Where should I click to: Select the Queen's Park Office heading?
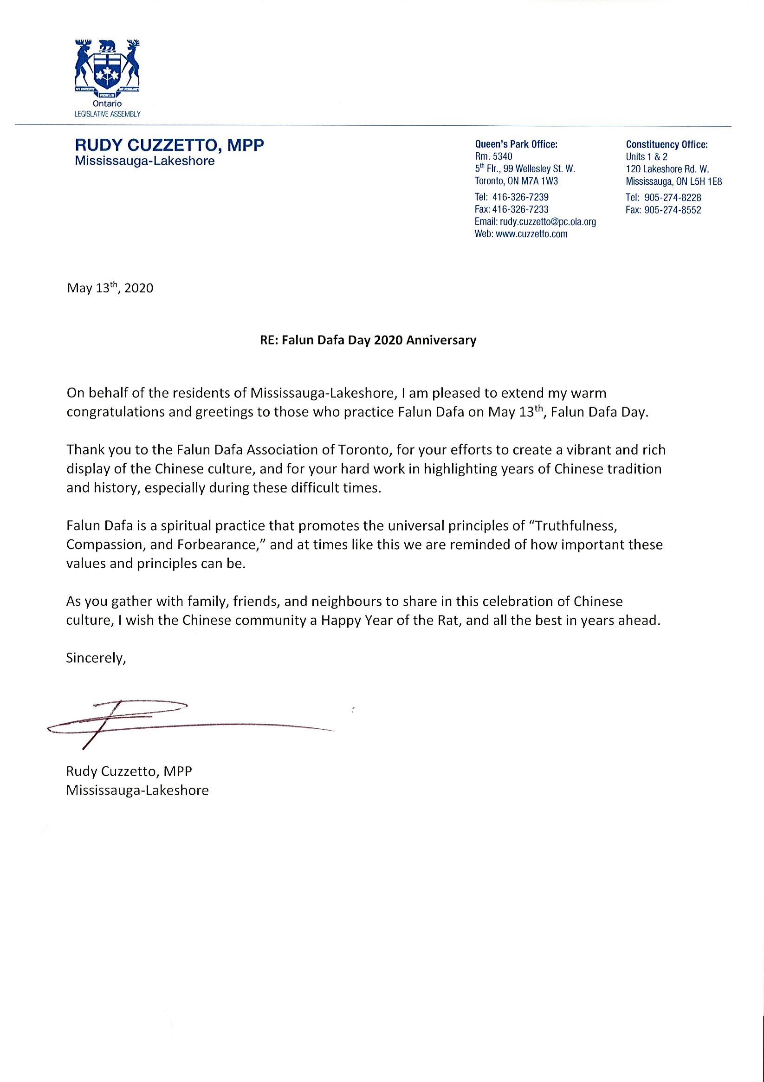coord(516,144)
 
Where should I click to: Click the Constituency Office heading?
coord(667,144)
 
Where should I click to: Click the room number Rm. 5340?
coord(493,156)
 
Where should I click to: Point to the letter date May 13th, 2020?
coord(110,288)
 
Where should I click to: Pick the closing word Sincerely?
coord(96,658)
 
